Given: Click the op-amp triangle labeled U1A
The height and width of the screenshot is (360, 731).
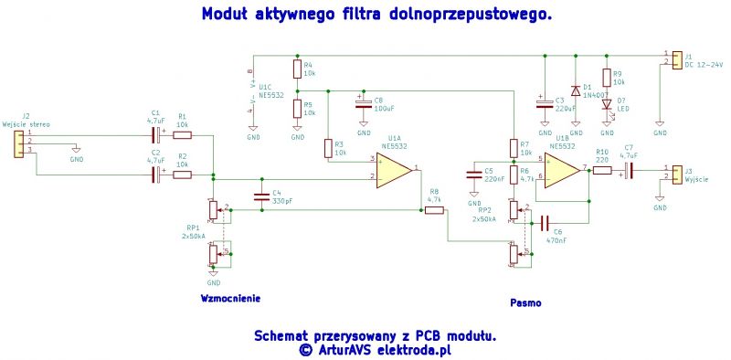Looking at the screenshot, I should click(392, 170).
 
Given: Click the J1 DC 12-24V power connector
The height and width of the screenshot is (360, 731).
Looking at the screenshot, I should click(676, 59).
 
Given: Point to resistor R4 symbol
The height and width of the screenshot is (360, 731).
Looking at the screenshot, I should click(297, 69).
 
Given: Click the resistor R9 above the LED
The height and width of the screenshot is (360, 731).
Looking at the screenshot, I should click(606, 78).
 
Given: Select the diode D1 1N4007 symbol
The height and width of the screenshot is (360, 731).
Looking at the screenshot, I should click(575, 90).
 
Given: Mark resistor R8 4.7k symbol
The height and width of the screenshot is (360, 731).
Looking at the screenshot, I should click(434, 210).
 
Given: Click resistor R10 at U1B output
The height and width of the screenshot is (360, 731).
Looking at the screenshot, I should click(602, 169).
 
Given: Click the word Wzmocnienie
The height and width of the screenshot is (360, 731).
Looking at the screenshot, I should click(230, 299).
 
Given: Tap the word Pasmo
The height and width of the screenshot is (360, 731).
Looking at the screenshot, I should click(525, 302).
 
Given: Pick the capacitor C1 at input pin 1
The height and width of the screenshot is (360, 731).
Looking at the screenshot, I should click(156, 135).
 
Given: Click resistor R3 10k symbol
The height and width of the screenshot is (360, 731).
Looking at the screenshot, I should click(327, 147).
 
